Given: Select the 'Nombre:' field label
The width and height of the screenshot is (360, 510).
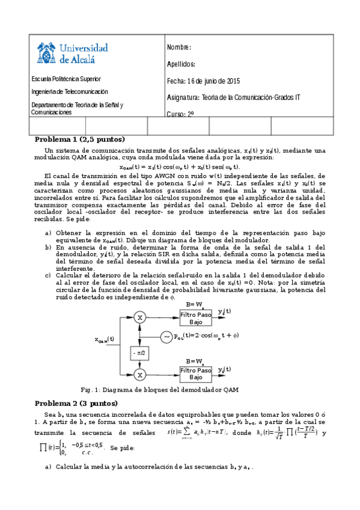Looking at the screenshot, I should [x=178, y=48].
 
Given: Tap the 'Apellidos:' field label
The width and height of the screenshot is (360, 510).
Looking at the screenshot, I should [x=181, y=64].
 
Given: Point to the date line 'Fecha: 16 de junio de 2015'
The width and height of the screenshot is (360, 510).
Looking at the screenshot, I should [x=204, y=81].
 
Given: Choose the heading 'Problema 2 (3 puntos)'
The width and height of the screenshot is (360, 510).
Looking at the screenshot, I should [x=76, y=403].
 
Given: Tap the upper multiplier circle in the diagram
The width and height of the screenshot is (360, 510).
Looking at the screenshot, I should [x=139, y=316].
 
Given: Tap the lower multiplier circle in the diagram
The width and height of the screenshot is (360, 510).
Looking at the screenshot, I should [x=139, y=375].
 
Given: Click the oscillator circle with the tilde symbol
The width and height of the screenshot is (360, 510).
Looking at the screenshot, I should [x=166, y=336].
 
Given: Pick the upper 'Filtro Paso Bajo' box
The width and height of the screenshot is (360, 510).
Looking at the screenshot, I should [x=196, y=317].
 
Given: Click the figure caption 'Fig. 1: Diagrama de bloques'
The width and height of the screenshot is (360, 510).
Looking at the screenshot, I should [x=180, y=390].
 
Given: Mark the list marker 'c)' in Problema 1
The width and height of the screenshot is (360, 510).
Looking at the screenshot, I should [x=48, y=276].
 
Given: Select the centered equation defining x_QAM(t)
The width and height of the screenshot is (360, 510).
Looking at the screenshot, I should [x=180, y=167].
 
